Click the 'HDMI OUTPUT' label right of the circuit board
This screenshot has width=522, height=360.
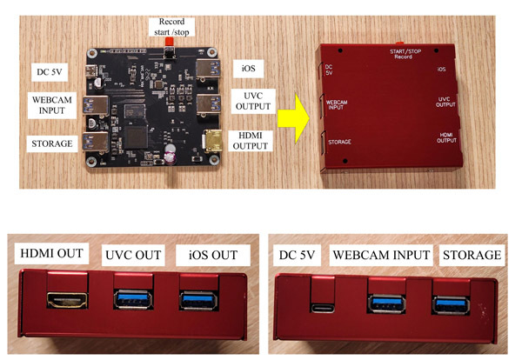pyautogui.click(x=250, y=140)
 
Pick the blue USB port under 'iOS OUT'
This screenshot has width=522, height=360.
pyautogui.click(x=198, y=300)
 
